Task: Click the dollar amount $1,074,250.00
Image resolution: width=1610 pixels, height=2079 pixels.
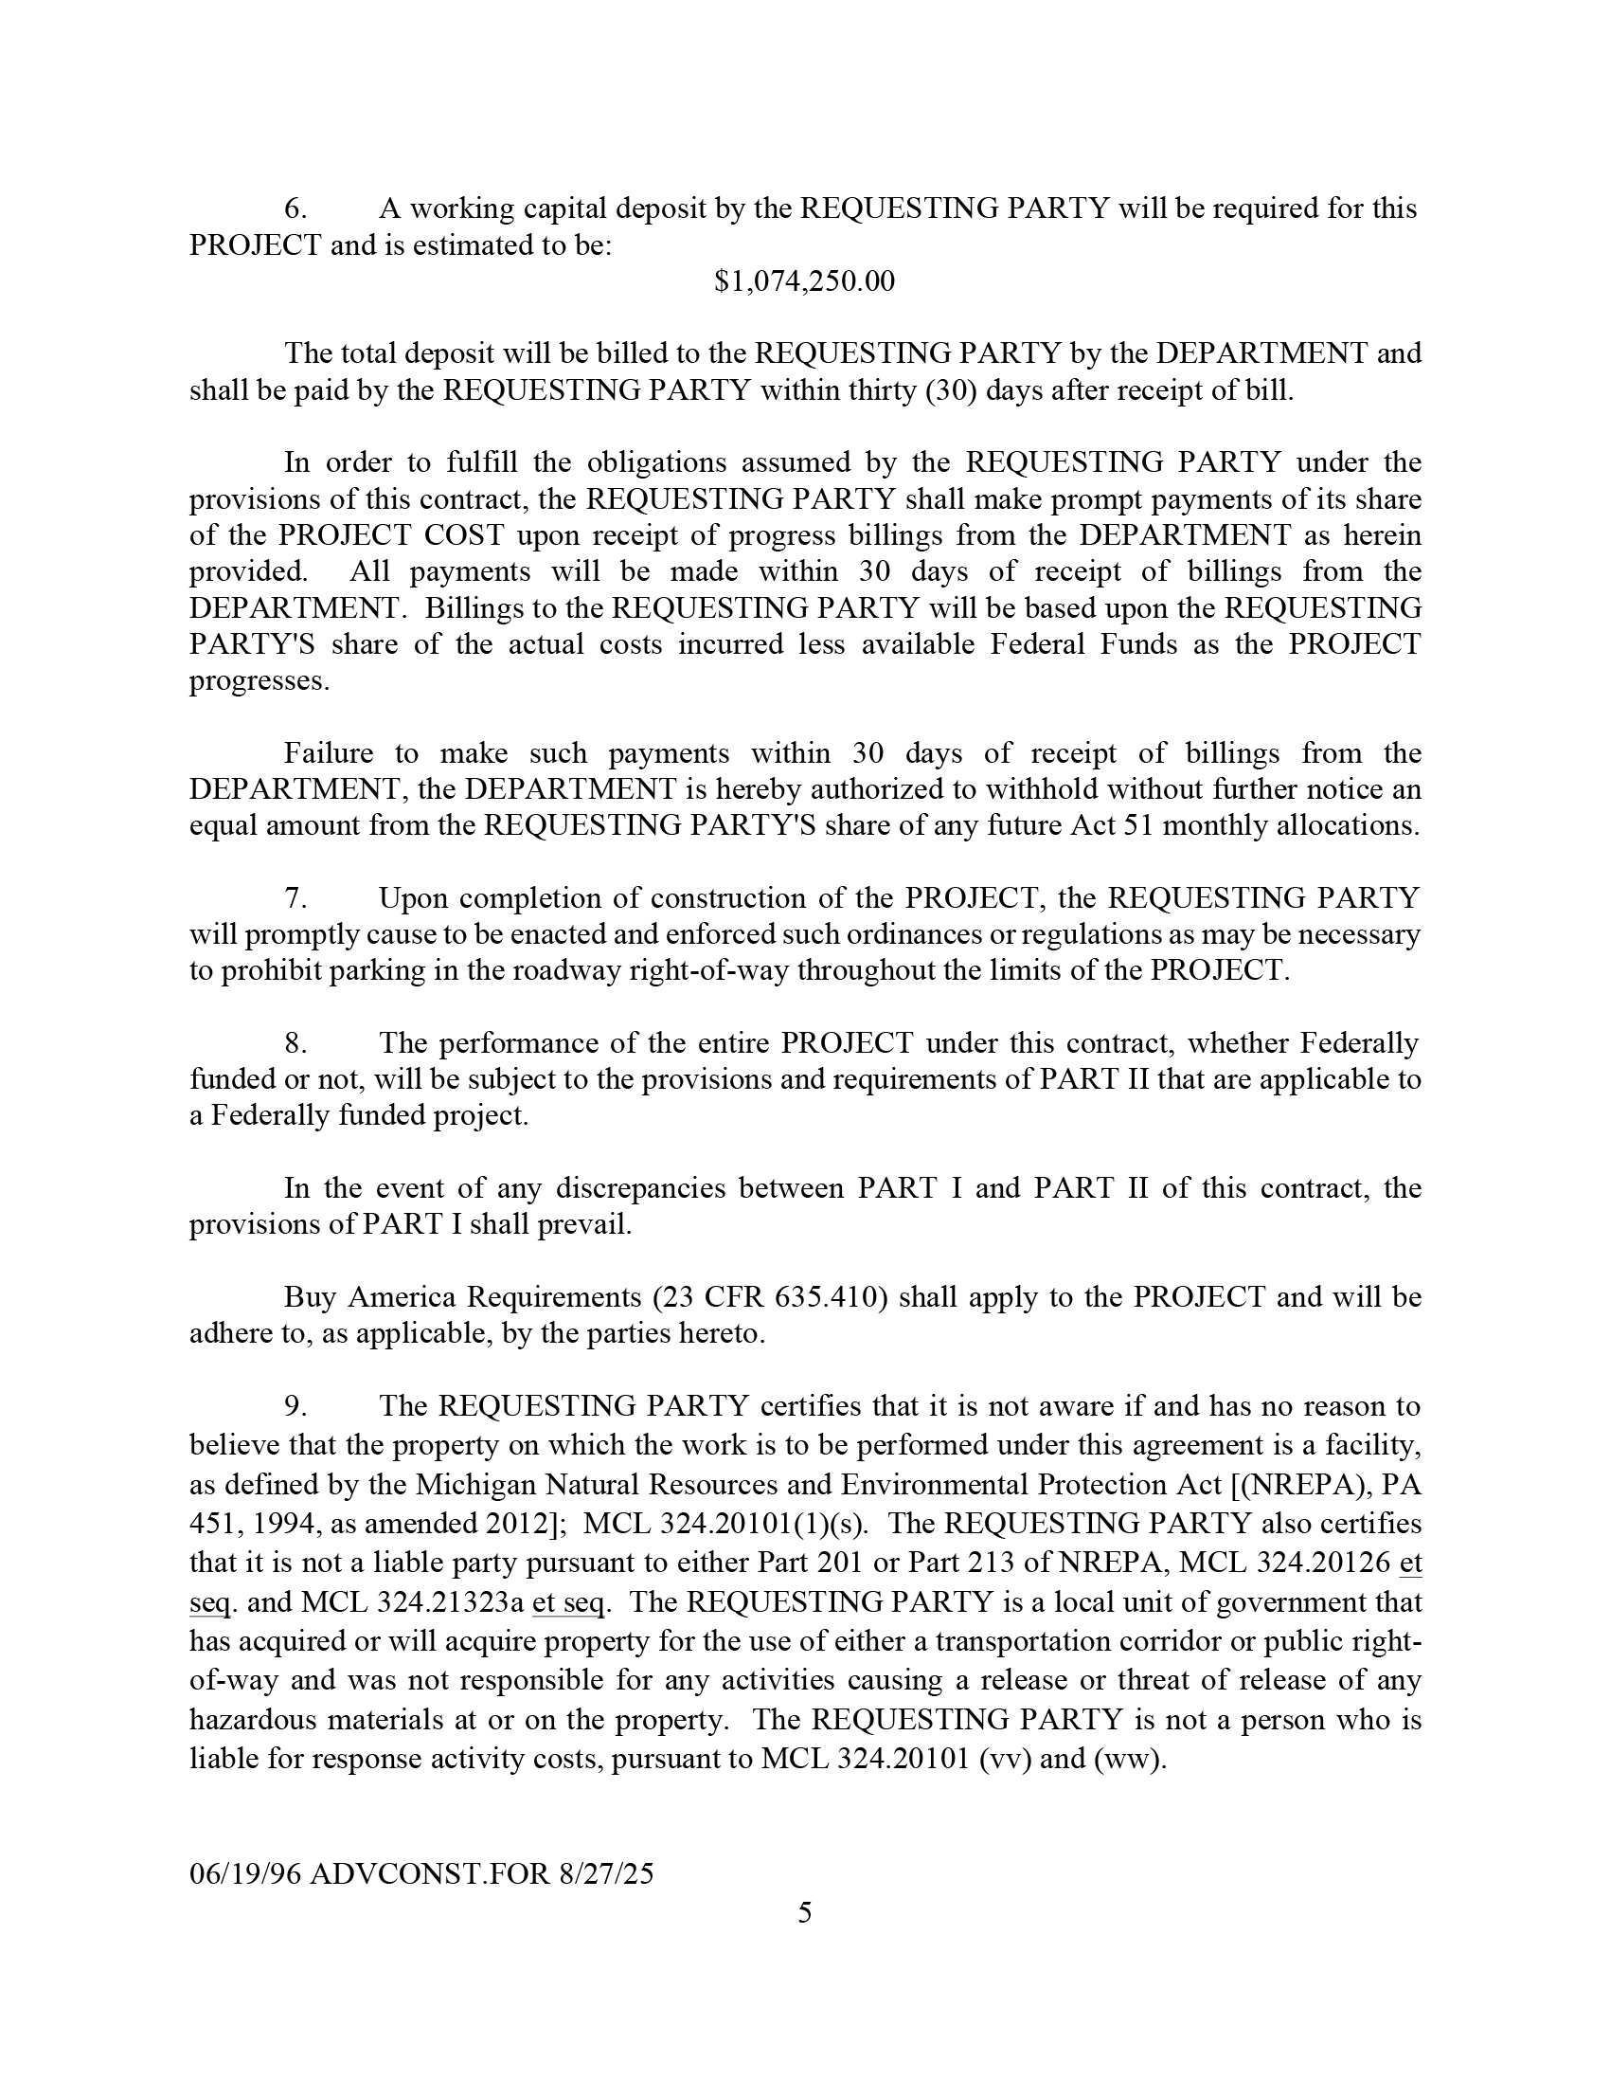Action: tap(804, 281)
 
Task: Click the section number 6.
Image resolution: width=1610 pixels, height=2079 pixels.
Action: tap(295, 208)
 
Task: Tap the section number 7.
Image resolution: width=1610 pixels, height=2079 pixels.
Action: tap(295, 897)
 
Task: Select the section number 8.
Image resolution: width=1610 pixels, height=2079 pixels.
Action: tap(295, 1043)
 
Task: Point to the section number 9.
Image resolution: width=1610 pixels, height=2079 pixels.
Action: tap(295, 1406)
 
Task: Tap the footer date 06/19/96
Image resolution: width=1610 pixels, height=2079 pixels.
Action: tap(245, 1873)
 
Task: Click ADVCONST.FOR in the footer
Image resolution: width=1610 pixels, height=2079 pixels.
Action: tap(430, 1873)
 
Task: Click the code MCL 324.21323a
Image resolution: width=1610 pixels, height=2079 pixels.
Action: tap(412, 1602)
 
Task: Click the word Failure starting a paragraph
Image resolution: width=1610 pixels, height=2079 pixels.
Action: tap(329, 753)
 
